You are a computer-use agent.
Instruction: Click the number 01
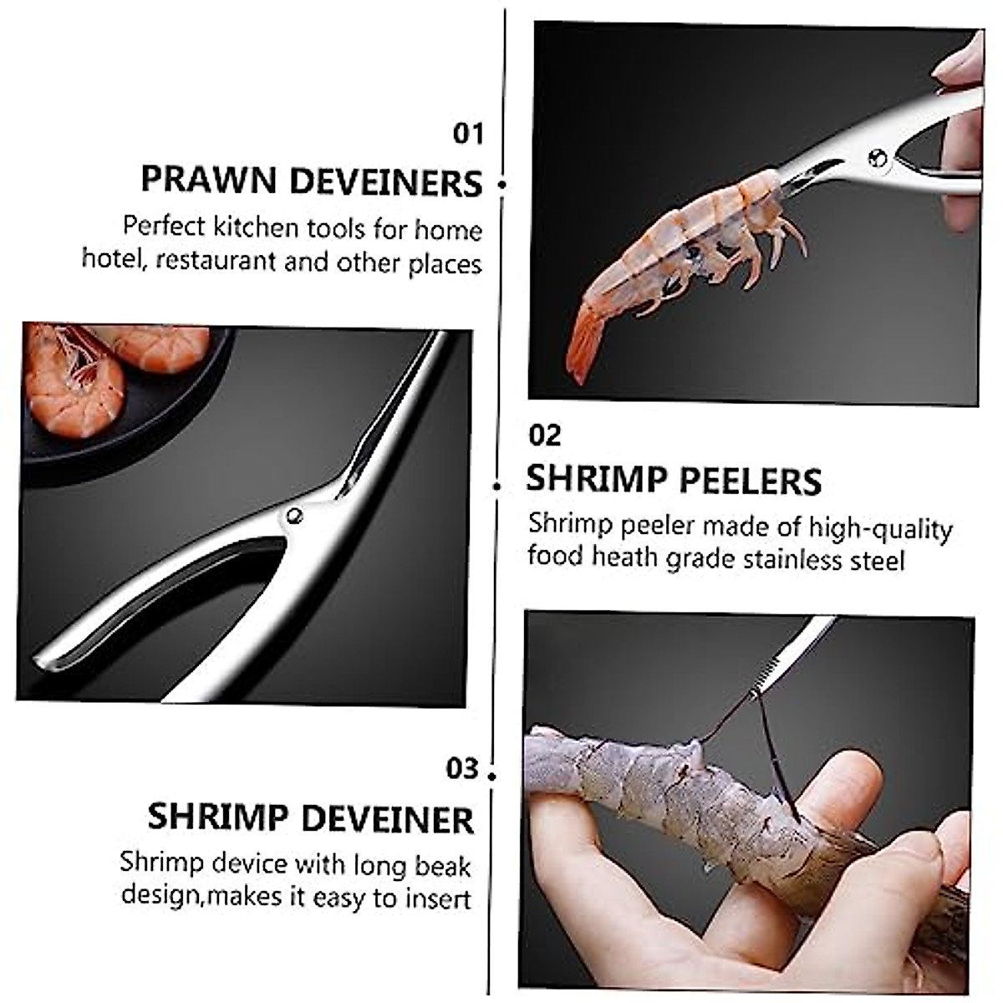[468, 134]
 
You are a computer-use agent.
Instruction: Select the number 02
[545, 435]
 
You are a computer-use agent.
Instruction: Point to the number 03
[462, 768]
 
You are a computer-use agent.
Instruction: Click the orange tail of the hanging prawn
[585, 343]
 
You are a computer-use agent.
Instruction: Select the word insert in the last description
[438, 899]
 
